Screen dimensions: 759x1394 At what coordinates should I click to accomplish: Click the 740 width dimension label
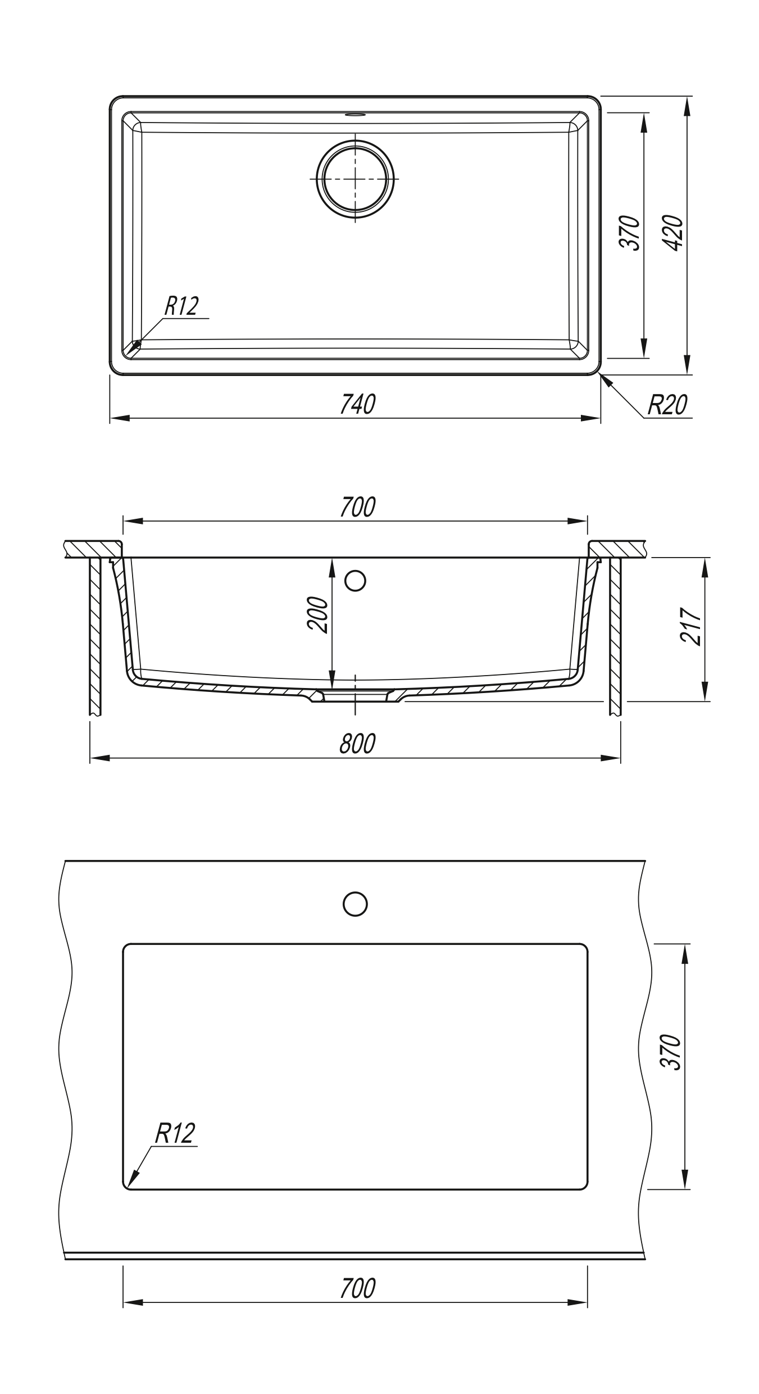pos(357,405)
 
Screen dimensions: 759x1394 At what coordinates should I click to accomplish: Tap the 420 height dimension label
pos(674,233)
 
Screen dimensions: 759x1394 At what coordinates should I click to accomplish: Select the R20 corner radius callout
pos(667,405)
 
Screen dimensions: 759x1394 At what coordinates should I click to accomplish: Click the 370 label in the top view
pos(630,233)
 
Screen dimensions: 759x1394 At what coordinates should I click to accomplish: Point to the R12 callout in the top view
pos(181,307)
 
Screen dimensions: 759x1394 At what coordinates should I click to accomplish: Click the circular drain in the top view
pos(355,178)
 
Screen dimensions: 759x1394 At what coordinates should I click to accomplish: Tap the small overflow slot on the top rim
pos(355,115)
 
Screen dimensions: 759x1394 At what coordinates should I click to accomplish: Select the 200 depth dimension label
pos(319,615)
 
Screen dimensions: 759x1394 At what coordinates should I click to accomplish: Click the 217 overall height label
pos(690,626)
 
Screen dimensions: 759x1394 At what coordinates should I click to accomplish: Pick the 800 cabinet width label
pos(357,744)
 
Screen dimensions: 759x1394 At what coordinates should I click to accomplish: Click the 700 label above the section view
pos(357,508)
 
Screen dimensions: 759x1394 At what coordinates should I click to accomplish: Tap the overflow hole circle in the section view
pos(355,581)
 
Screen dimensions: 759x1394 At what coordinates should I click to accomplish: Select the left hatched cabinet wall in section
pos(95,635)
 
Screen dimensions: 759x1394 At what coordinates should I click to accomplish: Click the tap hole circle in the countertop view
pos(355,904)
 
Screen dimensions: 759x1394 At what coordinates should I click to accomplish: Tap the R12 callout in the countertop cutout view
pos(175,1134)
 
